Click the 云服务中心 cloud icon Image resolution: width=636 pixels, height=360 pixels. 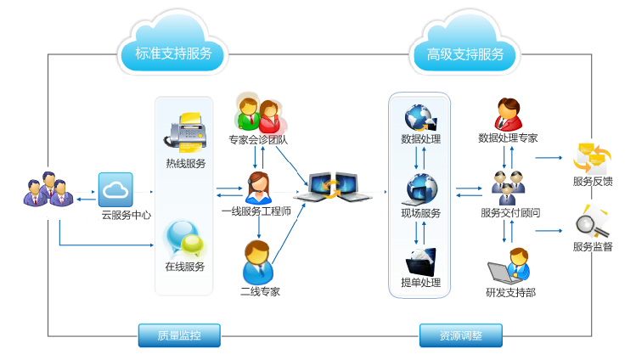[115, 190]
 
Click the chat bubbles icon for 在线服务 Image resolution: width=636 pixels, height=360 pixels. [185, 239]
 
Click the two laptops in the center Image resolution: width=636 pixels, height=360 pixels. [333, 187]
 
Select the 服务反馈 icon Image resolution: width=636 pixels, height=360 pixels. [592, 156]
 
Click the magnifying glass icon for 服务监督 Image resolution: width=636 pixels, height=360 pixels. [592, 222]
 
